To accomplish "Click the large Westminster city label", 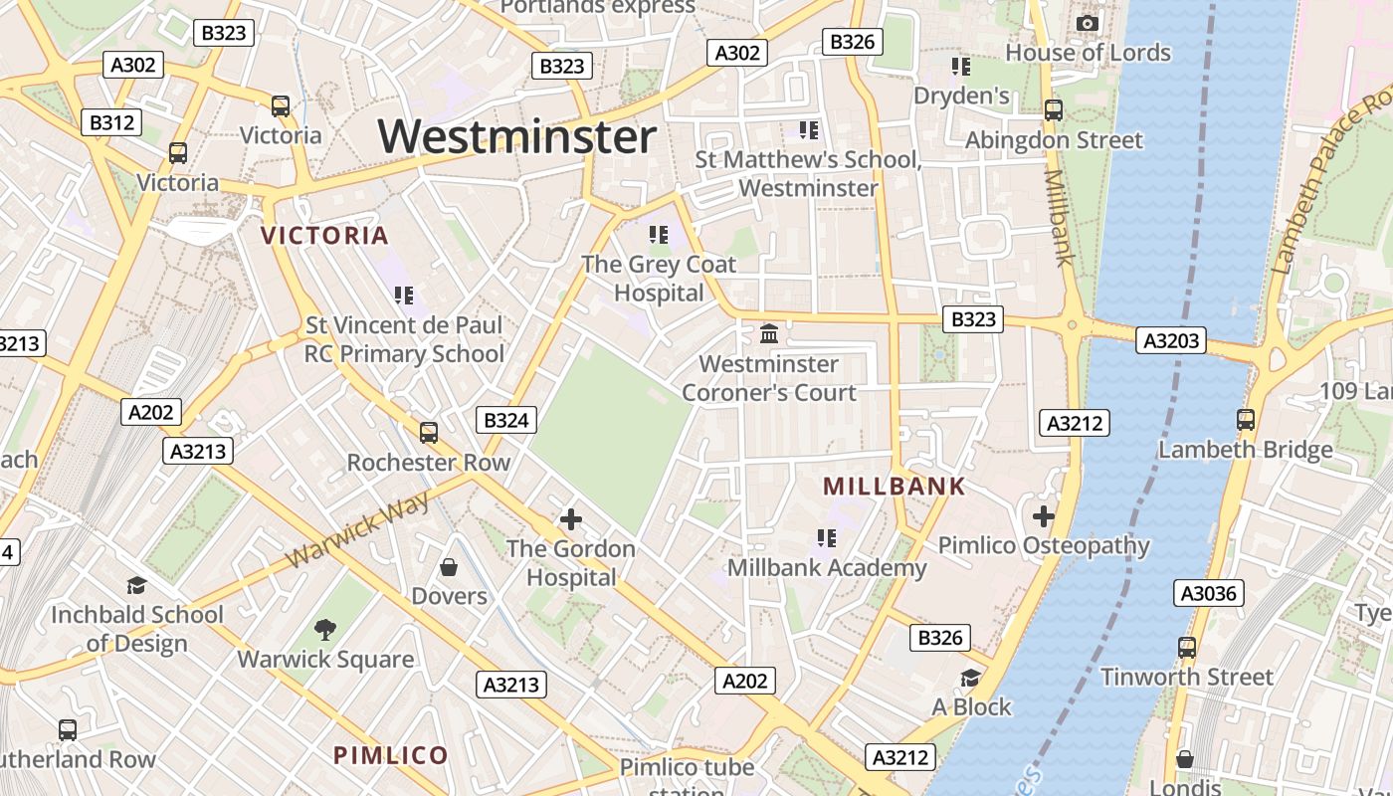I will click(x=517, y=136).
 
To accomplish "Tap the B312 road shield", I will click(x=111, y=123).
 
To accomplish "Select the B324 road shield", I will click(x=505, y=420).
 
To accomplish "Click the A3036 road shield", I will click(x=1209, y=594).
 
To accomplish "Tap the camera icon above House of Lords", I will click(x=1088, y=23).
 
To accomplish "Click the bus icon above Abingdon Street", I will click(x=1054, y=110).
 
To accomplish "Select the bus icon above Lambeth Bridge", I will click(x=1246, y=420).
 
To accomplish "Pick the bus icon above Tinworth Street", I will click(x=1186, y=648).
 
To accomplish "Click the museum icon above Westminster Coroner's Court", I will click(x=769, y=334).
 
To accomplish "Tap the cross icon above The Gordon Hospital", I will click(x=571, y=519).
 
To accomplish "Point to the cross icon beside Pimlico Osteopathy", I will click(x=1044, y=516).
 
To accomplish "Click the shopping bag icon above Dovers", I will click(x=449, y=567).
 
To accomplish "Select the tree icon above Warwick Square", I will click(x=324, y=629).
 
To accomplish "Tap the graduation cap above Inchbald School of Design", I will click(x=136, y=585).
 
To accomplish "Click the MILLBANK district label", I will click(x=895, y=487).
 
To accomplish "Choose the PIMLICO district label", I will click(x=391, y=755).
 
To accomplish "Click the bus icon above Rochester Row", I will click(x=429, y=433).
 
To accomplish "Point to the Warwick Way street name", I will click(x=358, y=529).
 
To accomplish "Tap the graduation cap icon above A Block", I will click(x=970, y=679).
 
